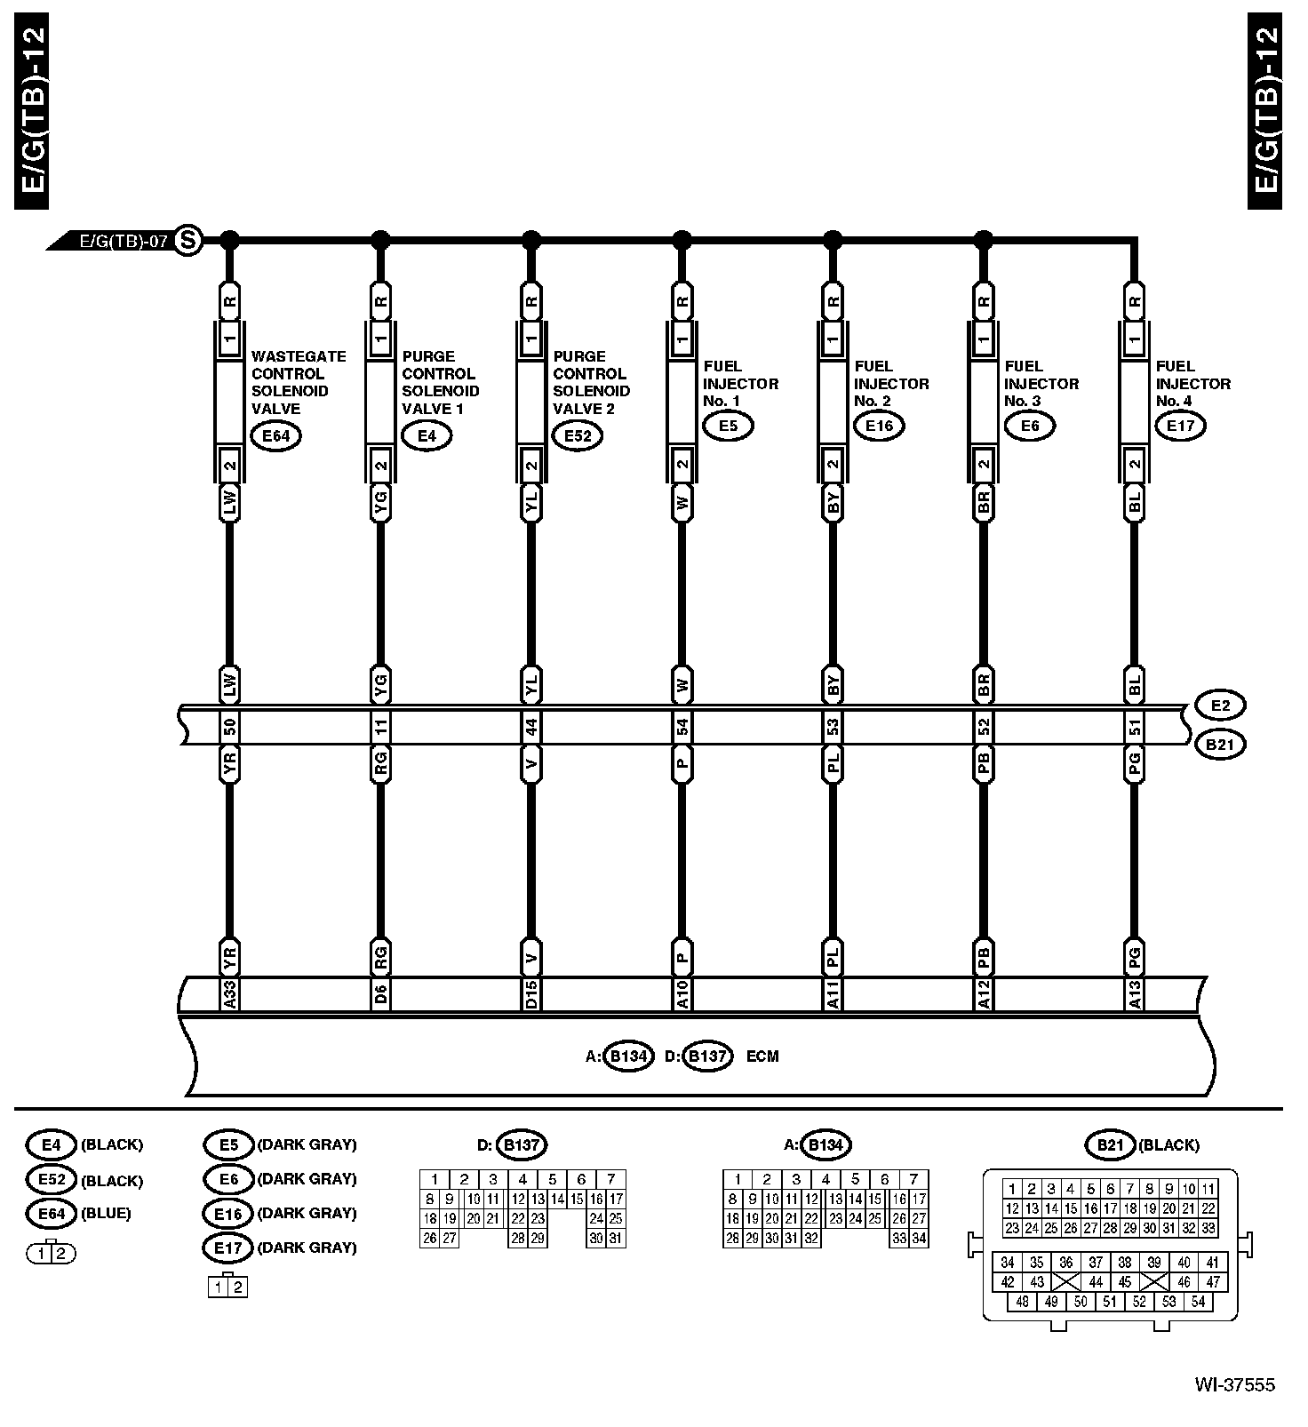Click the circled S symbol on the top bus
[187, 240]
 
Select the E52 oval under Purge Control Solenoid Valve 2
[577, 435]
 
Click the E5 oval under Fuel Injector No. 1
[728, 426]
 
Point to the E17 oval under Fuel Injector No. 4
[1180, 426]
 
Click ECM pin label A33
[229, 995]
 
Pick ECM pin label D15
[530, 995]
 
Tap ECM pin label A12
[983, 995]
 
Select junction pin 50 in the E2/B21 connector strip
[229, 728]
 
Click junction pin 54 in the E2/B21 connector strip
[682, 728]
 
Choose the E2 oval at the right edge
[1220, 706]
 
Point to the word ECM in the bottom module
[762, 1056]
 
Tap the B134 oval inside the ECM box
[628, 1056]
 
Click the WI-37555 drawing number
[1234, 1384]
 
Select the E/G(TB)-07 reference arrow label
[123, 241]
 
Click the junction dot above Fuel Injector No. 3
[983, 239]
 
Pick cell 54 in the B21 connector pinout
[1198, 1301]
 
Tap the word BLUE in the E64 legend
[106, 1213]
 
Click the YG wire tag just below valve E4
[380, 505]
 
